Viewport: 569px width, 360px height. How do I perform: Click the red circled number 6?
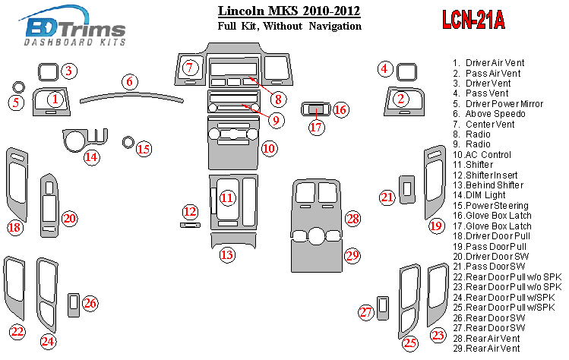(130, 81)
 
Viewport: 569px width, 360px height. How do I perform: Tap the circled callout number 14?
(92, 157)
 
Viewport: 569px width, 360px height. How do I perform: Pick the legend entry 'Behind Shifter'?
(495, 185)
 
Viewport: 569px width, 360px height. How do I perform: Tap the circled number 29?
(352, 255)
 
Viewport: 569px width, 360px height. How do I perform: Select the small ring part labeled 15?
(128, 142)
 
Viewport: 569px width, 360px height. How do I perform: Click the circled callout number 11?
(227, 198)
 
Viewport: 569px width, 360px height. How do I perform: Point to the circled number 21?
(387, 198)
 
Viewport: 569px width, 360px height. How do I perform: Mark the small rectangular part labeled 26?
(74, 304)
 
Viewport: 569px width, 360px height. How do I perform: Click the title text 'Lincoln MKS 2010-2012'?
(289, 11)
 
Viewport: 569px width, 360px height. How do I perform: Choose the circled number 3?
(69, 71)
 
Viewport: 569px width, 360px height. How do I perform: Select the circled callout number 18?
(14, 226)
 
